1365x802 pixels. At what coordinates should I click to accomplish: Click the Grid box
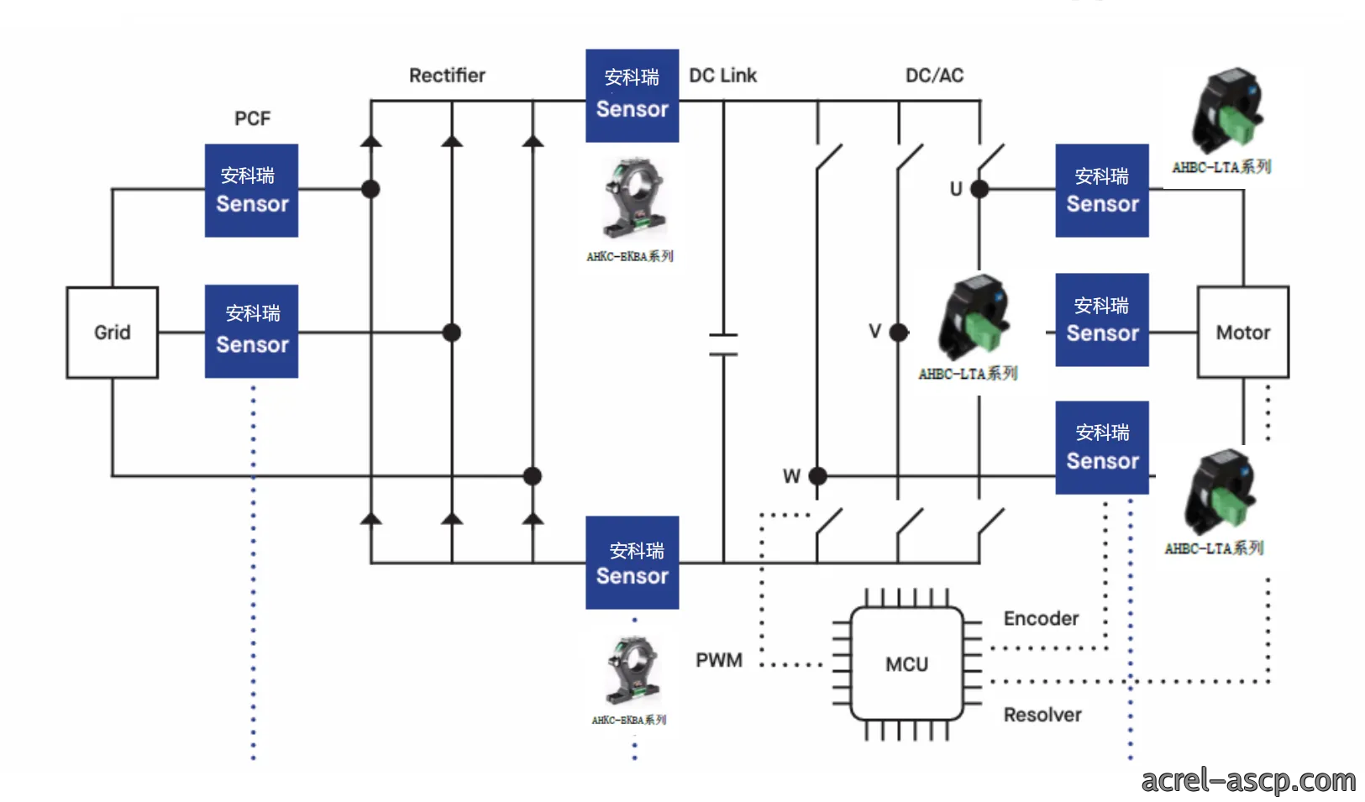tap(112, 333)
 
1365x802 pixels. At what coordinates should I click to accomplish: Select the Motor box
tap(1243, 333)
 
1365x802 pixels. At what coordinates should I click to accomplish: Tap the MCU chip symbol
tap(906, 664)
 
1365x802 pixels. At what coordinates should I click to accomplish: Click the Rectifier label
tap(447, 76)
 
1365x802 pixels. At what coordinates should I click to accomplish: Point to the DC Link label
tap(722, 76)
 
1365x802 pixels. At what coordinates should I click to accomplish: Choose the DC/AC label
tap(935, 76)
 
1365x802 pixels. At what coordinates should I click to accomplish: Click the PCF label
tap(252, 118)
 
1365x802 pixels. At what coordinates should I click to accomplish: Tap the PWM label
tap(719, 660)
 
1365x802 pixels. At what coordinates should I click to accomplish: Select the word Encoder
tap(1042, 619)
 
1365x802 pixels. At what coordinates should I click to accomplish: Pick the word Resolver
tap(1042, 715)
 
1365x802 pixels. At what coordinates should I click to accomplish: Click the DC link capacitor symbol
tap(723, 345)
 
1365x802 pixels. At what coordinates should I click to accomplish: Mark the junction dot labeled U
tap(979, 190)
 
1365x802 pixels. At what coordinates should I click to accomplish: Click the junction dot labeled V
tap(899, 333)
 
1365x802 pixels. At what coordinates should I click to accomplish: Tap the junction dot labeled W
tap(818, 476)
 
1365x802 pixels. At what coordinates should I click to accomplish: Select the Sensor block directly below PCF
tap(252, 191)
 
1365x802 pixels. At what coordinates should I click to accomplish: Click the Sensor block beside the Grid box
tap(252, 332)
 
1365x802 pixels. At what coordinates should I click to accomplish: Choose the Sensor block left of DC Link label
tap(633, 96)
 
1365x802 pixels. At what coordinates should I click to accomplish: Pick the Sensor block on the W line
tap(1102, 448)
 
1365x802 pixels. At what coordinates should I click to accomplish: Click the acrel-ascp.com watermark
tap(1248, 781)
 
